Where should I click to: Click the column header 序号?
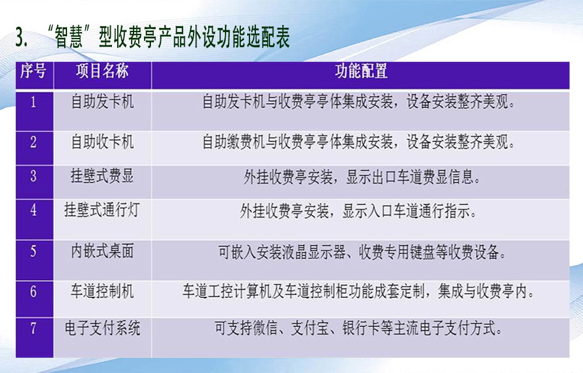pos(33,71)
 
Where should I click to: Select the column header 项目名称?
pos(102,71)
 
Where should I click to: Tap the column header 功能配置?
pos(361,71)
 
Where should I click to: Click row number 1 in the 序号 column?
pos(33,102)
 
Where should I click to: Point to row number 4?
pos(33,210)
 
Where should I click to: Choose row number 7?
pos(33,328)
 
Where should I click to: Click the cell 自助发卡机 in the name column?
pos(102,102)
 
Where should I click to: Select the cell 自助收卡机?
pos(102,142)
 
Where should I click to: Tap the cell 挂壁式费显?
pos(102,176)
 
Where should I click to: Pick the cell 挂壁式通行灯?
pos(102,210)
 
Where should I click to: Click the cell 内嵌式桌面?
pos(102,251)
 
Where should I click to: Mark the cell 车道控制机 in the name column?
pos(102,291)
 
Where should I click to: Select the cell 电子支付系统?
pos(102,328)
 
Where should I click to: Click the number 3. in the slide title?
pos(22,37)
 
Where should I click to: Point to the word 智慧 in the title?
pos(69,37)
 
